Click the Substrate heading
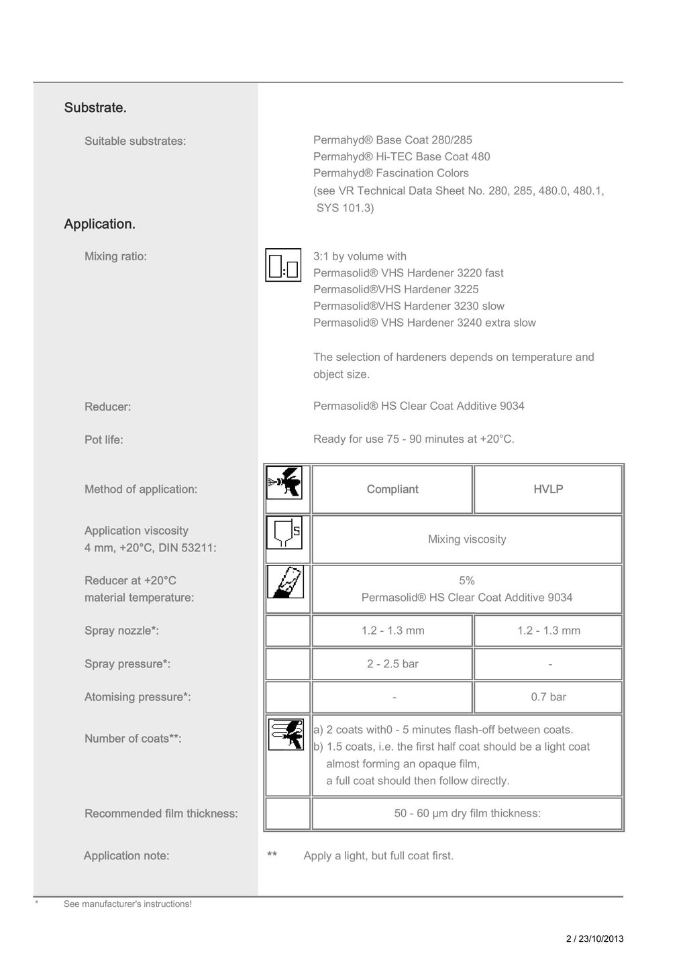pyautogui.click(x=95, y=107)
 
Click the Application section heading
pyautogui.click(x=99, y=224)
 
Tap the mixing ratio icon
pyautogui.click(x=283, y=265)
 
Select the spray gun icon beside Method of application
pyautogui.click(x=284, y=483)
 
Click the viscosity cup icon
pyautogui.click(x=284, y=533)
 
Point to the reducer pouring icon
pyautogui.click(x=285, y=582)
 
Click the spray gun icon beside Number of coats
pyautogui.click(x=286, y=734)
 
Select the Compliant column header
pyautogui.click(x=392, y=490)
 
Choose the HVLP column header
pyautogui.click(x=548, y=490)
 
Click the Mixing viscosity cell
pyautogui.click(x=467, y=539)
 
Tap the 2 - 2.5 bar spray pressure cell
pyautogui.click(x=392, y=664)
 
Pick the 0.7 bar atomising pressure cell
pyautogui.click(x=548, y=697)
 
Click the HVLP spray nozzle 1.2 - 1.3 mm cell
pyautogui.click(x=548, y=631)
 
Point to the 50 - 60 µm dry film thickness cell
pyautogui.click(x=467, y=814)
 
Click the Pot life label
pyautogui.click(x=104, y=440)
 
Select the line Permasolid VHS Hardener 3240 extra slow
pyautogui.click(x=425, y=323)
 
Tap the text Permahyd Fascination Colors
pyautogui.click(x=391, y=173)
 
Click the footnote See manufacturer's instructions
pyautogui.click(x=127, y=904)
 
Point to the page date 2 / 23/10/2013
pyautogui.click(x=594, y=939)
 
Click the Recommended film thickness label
pyautogui.click(x=161, y=814)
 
